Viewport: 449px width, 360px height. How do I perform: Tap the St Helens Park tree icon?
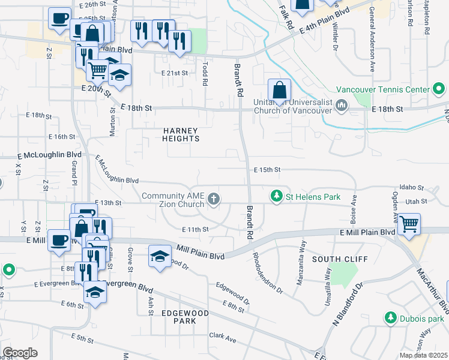click(276, 196)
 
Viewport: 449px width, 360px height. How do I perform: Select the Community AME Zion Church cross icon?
click(213, 199)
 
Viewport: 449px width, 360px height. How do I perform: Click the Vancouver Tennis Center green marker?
click(439, 89)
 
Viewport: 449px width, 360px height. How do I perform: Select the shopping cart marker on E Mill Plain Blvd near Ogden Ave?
click(409, 224)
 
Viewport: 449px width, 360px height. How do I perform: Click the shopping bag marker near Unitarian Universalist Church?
click(279, 91)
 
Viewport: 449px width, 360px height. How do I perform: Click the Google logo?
click(20, 353)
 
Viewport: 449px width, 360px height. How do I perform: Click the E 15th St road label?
click(267, 170)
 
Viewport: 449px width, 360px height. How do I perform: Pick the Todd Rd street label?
click(205, 74)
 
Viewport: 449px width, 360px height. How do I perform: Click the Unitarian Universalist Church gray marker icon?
click(342, 106)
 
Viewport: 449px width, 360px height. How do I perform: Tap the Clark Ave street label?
click(222, 338)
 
